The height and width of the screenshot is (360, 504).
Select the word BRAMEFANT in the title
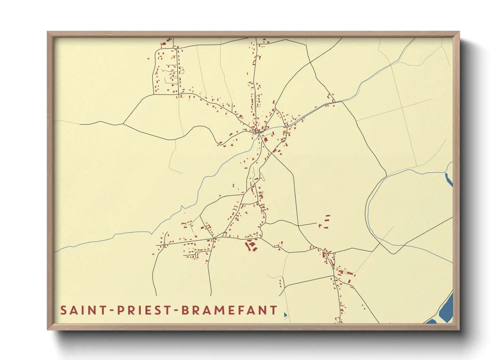click(229, 310)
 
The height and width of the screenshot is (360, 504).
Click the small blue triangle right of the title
click(285, 315)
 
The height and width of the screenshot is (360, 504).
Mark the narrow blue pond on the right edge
click(449, 179)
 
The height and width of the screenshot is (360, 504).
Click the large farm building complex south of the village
click(252, 245)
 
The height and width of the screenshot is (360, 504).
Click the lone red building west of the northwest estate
click(148, 59)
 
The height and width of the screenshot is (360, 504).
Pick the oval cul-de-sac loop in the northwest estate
click(181, 71)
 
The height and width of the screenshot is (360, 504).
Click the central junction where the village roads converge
click(258, 131)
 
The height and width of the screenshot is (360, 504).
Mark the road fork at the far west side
click(123, 124)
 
